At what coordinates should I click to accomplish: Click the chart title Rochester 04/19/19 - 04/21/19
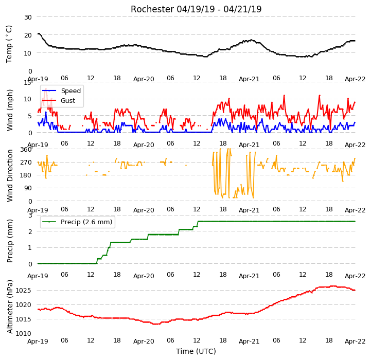click(x=196, y=9)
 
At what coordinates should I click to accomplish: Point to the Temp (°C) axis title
click(x=9, y=44)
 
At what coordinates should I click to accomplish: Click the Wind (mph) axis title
click(x=10, y=110)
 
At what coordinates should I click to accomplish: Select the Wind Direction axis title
click(x=10, y=175)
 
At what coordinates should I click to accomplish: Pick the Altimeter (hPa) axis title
click(x=10, y=307)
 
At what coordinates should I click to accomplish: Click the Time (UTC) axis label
click(x=196, y=351)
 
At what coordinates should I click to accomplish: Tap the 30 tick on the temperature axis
click(x=28, y=17)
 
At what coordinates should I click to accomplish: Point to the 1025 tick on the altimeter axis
click(x=24, y=291)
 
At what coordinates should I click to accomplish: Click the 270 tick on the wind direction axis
click(x=26, y=163)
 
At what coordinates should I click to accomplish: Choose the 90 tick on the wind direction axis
click(x=28, y=188)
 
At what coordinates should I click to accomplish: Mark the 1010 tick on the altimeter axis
click(x=24, y=334)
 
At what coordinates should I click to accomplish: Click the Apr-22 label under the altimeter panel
click(x=355, y=341)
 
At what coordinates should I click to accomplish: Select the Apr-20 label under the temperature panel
click(x=144, y=79)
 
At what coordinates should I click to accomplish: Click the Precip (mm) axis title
click(x=10, y=241)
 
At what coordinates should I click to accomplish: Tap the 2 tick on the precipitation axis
click(x=30, y=232)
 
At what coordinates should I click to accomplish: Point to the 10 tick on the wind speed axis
click(x=28, y=99)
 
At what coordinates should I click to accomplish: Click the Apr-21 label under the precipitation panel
click(x=249, y=276)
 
